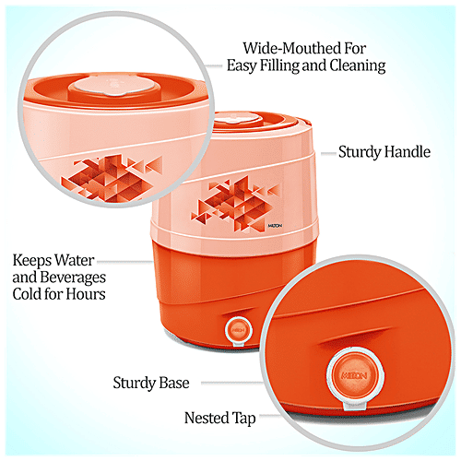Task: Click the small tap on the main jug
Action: (x=237, y=326)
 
